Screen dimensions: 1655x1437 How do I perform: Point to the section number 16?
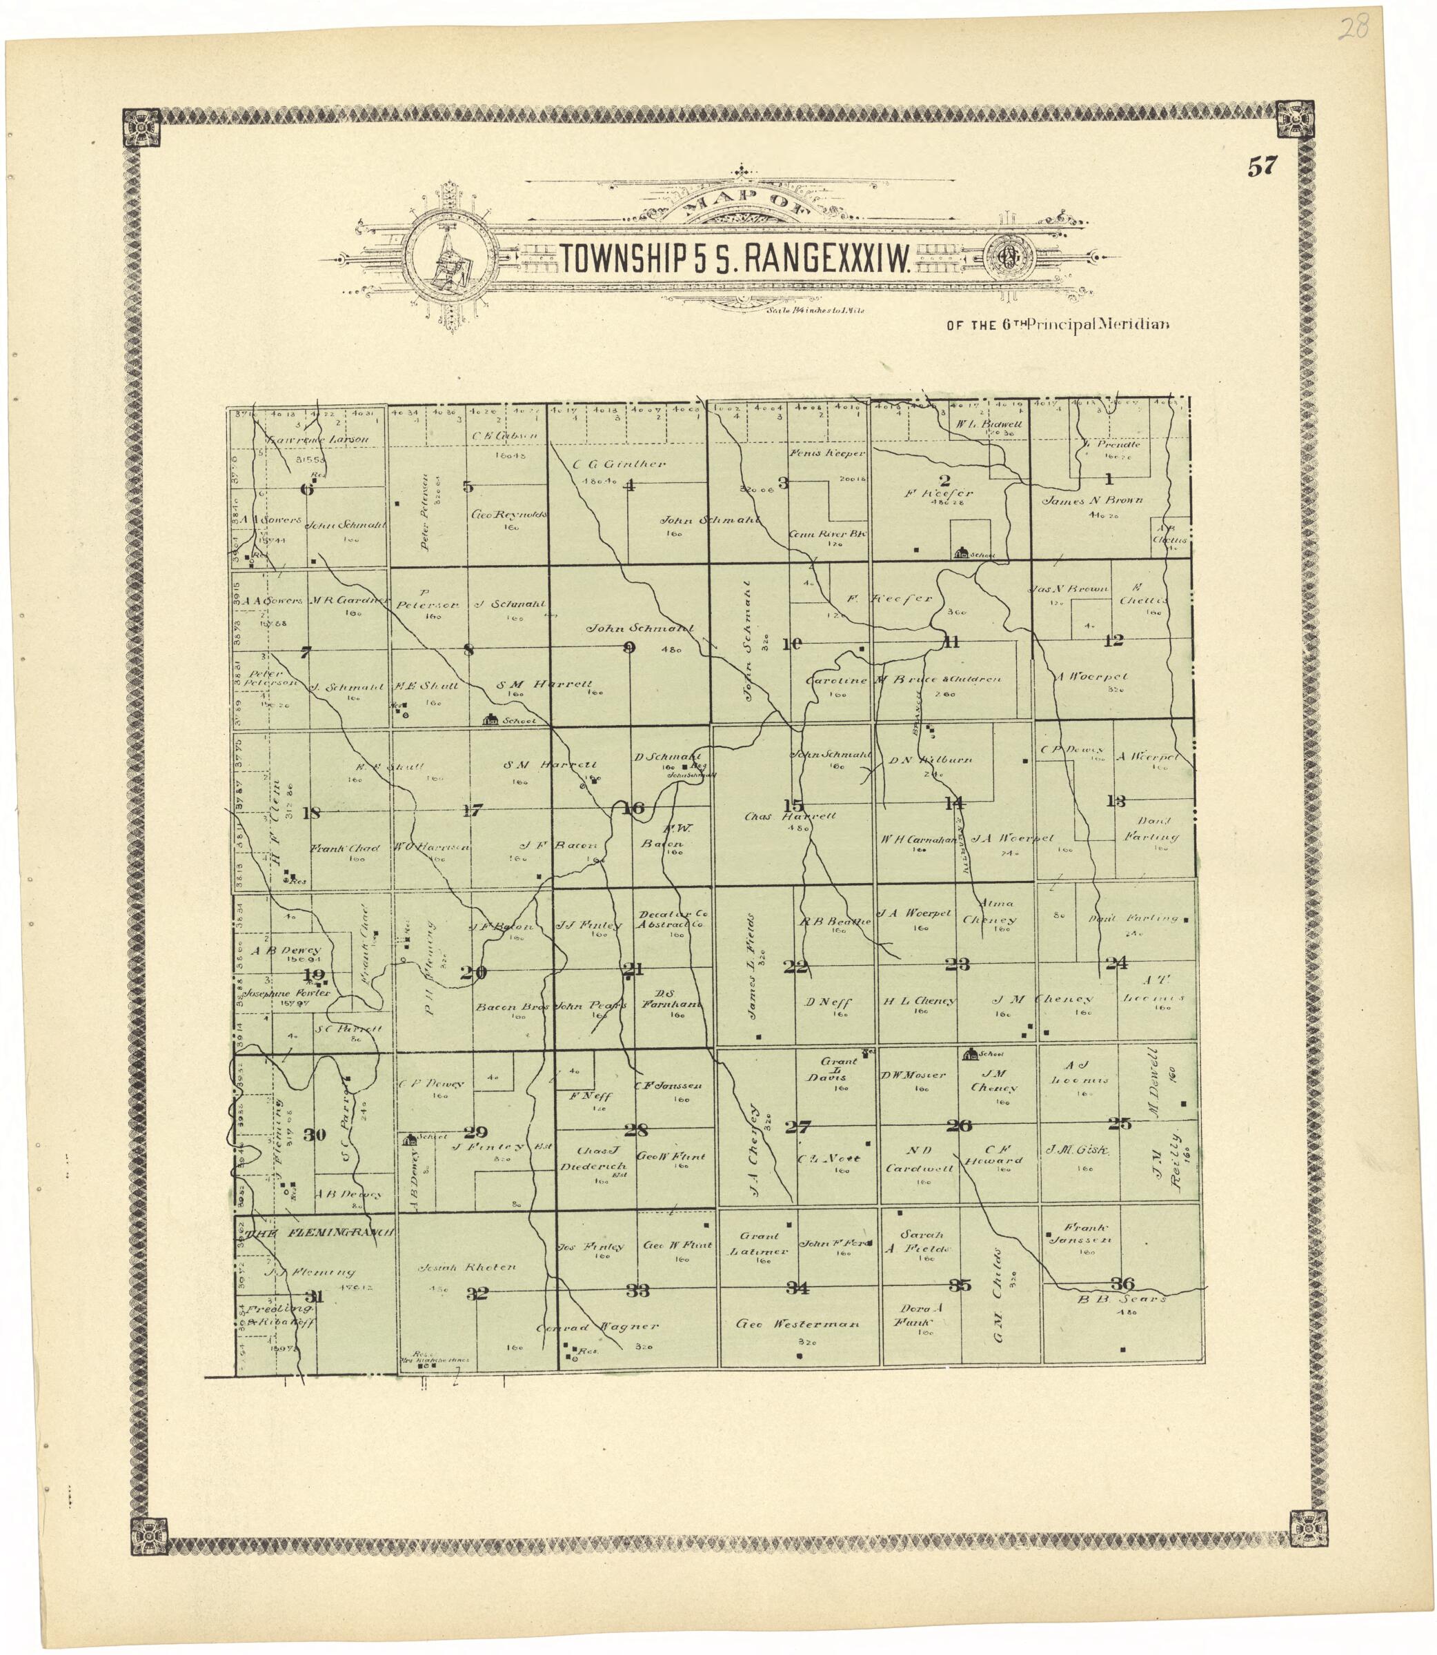coord(633,809)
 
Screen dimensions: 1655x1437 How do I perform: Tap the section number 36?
coord(1121,1281)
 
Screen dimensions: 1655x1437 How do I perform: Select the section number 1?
coord(1110,480)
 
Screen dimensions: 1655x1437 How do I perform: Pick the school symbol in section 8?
coord(488,720)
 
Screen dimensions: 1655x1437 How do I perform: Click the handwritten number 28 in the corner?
coord(1354,30)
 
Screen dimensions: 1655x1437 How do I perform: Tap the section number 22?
coord(795,967)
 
